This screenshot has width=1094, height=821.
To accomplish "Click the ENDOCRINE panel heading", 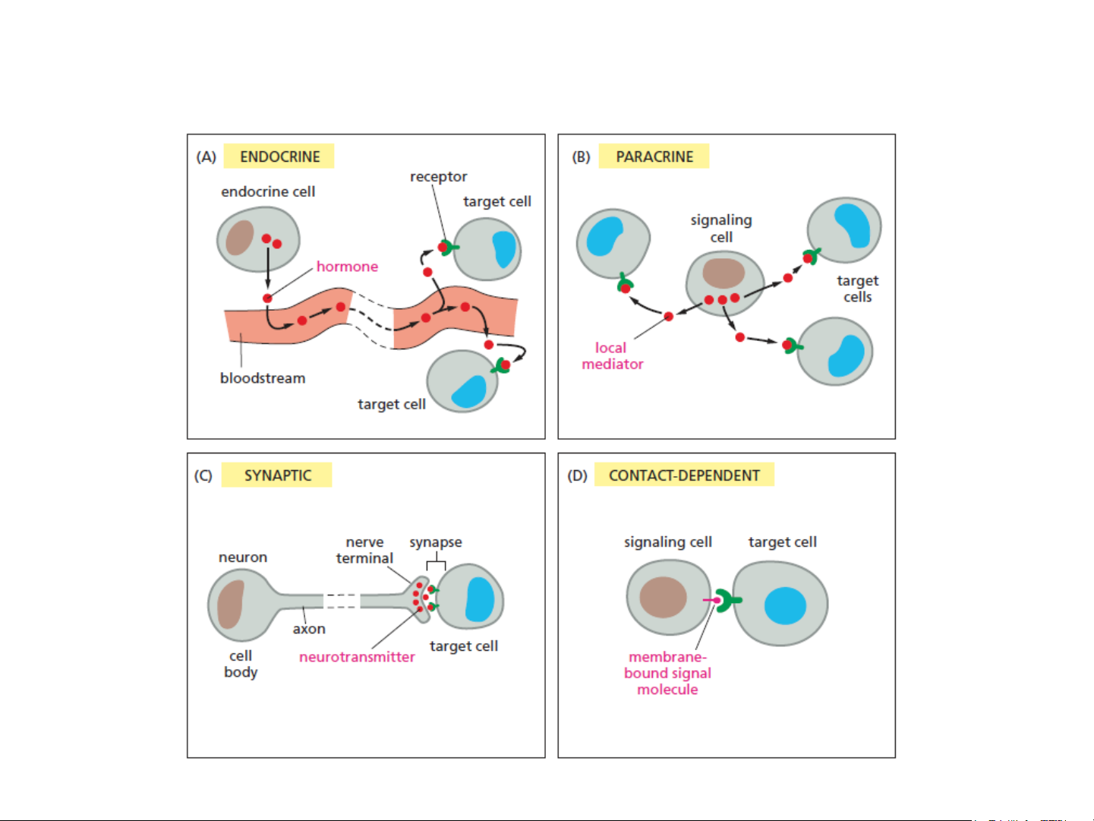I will pyautogui.click(x=279, y=156).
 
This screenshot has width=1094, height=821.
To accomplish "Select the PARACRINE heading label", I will pyautogui.click(x=654, y=156).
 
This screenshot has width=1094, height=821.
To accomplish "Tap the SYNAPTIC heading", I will pyautogui.click(x=277, y=475).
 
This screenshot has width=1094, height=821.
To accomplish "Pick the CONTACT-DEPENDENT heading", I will pyautogui.click(x=683, y=475).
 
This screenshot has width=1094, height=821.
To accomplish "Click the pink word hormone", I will pyautogui.click(x=347, y=267).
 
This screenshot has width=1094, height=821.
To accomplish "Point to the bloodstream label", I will pyautogui.click(x=263, y=378).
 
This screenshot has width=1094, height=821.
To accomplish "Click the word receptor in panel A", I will pyautogui.click(x=438, y=177).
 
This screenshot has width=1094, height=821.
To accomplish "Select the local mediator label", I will pyautogui.click(x=612, y=355).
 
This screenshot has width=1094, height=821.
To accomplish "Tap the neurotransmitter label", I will pyautogui.click(x=357, y=657).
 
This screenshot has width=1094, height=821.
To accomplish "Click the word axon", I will pyautogui.click(x=309, y=629).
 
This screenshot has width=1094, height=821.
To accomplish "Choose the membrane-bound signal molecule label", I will pyautogui.click(x=667, y=673).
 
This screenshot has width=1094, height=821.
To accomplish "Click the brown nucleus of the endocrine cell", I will pyautogui.click(x=240, y=237).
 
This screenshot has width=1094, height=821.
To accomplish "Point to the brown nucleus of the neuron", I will pyautogui.click(x=231, y=604).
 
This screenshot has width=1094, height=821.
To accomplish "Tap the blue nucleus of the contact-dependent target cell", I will pyautogui.click(x=785, y=605).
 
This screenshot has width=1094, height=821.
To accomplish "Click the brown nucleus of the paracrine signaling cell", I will pyautogui.click(x=724, y=273).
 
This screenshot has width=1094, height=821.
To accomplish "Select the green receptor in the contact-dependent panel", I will pyautogui.click(x=728, y=601).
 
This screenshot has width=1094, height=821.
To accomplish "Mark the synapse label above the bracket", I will pyautogui.click(x=436, y=542).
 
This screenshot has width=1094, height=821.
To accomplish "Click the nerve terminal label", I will pyautogui.click(x=364, y=550).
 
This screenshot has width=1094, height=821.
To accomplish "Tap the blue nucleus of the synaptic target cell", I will pyautogui.click(x=480, y=599).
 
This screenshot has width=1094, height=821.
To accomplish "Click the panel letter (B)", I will pyautogui.click(x=581, y=157).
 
